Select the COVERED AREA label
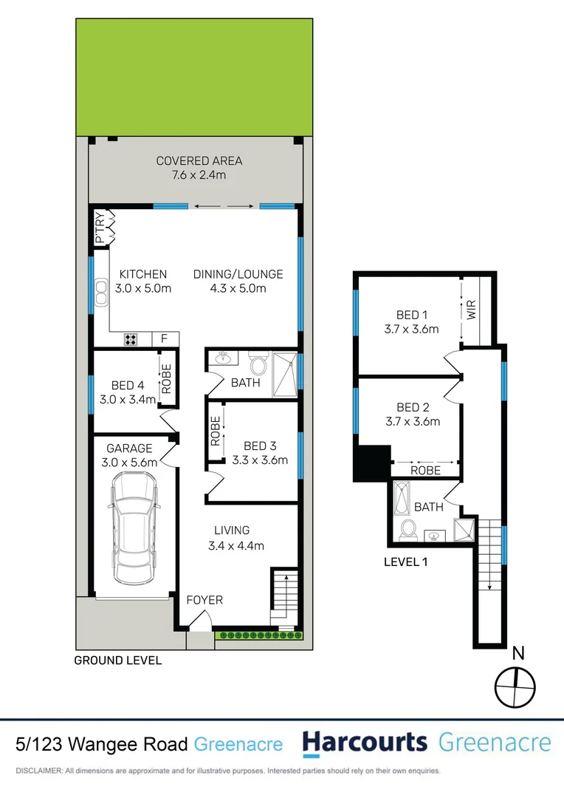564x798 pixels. coord(199,161)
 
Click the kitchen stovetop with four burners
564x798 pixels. coord(131,340)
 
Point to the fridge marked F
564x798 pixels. coord(164,340)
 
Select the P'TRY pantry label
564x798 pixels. coord(100,228)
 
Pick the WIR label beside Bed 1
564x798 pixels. coord(470,310)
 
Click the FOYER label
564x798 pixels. coord(204,600)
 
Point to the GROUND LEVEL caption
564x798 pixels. coord(118,661)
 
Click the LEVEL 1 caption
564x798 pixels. coord(407,562)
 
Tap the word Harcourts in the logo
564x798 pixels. coord(365,743)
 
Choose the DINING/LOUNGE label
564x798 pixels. coord(238,274)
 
